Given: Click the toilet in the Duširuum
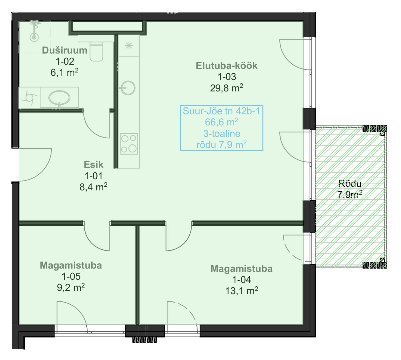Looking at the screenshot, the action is point(96,52).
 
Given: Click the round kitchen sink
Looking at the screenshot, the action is point(128,88).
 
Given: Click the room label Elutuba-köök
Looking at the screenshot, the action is point(227,66).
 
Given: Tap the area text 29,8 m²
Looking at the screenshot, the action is point(227,88).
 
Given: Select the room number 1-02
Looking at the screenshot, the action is point(65,61).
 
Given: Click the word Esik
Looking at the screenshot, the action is point(93,165).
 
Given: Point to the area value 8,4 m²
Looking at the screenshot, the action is point(93,187).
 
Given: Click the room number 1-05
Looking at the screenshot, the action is point(71,276).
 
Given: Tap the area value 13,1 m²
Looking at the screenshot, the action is point(242,291).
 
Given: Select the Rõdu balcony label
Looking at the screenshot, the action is point(350,183).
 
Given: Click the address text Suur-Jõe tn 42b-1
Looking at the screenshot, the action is point(221,111).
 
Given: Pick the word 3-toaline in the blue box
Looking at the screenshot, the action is point(222,134).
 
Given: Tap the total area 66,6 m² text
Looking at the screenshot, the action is point(222,122).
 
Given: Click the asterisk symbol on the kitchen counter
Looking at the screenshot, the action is point(129,46).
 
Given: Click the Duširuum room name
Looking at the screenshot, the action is point(65,50).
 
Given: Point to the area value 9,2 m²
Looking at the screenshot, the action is point(71,288).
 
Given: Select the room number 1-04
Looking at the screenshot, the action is point(242,280).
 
